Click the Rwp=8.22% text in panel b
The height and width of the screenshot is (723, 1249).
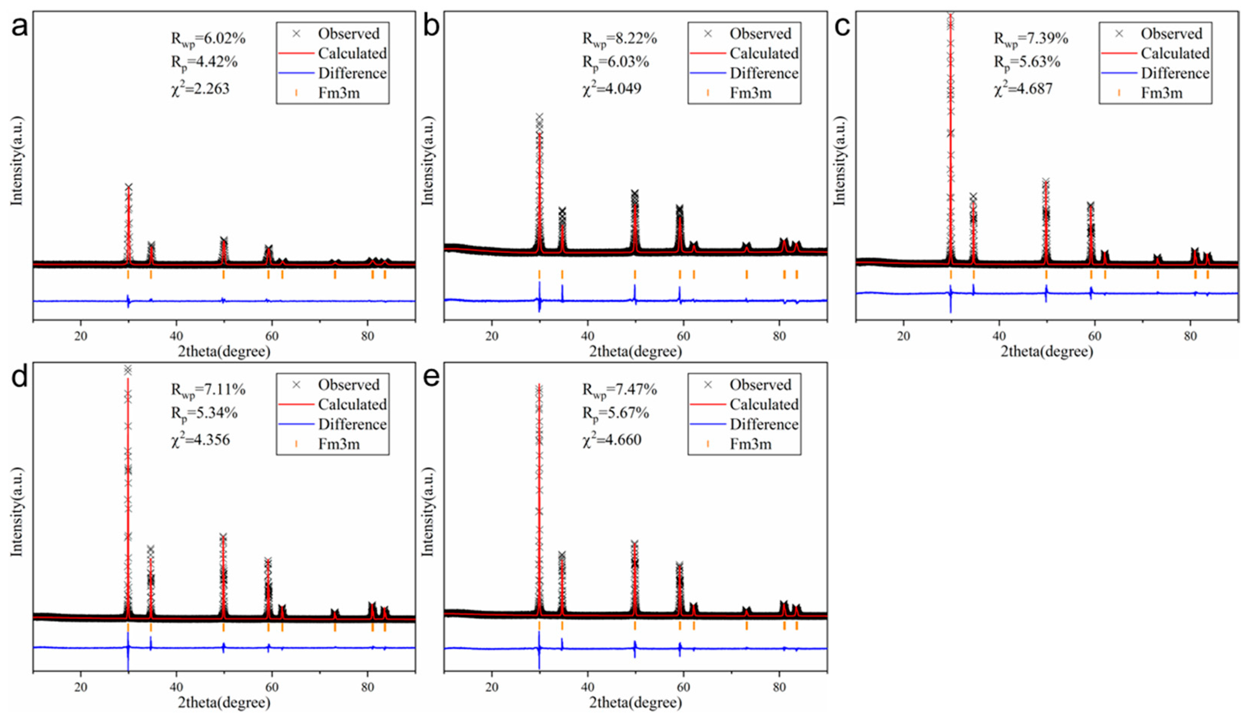pyautogui.click(x=619, y=39)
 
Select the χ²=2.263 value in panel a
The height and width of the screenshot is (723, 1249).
pyautogui.click(x=200, y=89)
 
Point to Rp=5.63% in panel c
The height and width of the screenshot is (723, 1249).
pyautogui.click(x=1027, y=62)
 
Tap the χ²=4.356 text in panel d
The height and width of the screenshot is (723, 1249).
pyautogui.click(x=200, y=440)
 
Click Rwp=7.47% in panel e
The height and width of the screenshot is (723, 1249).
pyautogui.click(x=619, y=390)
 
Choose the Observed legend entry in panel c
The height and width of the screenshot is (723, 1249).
pyautogui.click(x=1171, y=34)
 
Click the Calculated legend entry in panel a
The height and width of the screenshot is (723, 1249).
pyautogui.click(x=352, y=54)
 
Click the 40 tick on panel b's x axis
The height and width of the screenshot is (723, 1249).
pyautogui.click(x=587, y=336)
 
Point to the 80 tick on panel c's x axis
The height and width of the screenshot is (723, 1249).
pyautogui.click(x=1190, y=336)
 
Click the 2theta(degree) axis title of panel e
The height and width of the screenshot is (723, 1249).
pyautogui.click(x=636, y=703)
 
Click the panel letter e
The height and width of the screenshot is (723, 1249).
pyautogui.click(x=431, y=378)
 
